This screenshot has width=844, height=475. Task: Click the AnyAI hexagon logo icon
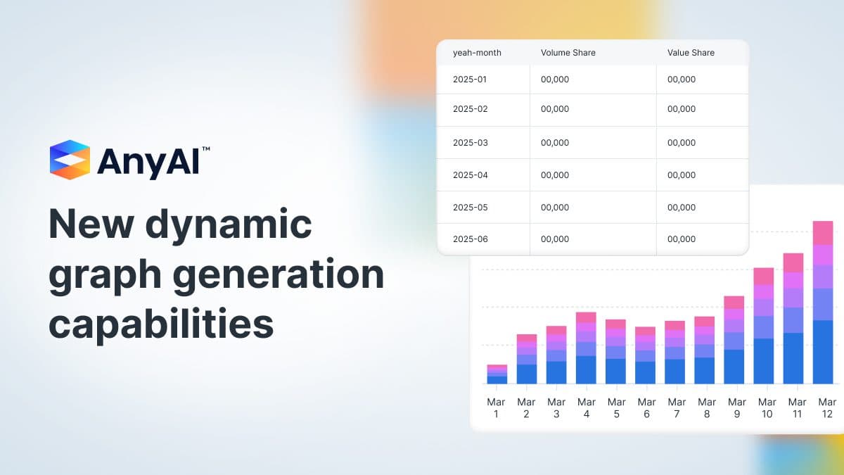[70, 160]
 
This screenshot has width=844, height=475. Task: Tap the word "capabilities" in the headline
[161, 324]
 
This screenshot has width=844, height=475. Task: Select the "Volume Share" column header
[568, 53]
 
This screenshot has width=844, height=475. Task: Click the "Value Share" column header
[690, 53]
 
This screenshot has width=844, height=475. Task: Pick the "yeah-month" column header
[477, 53]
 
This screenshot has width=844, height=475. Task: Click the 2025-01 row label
[469, 80]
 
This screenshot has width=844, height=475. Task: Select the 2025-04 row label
[470, 175]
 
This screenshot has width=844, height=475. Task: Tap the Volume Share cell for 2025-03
[554, 143]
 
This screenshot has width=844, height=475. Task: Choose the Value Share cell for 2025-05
[681, 208]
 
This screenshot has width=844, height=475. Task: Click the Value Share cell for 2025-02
[681, 109]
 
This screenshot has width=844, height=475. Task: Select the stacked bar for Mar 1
[497, 374]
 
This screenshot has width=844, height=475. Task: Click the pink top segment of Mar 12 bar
[822, 233]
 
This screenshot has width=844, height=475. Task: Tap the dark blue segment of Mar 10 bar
[763, 361]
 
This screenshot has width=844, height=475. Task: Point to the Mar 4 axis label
[586, 408]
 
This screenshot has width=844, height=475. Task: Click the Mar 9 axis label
[736, 408]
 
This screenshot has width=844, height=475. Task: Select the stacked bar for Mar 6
[645, 355]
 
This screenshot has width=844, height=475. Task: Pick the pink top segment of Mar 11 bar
[793, 262]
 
